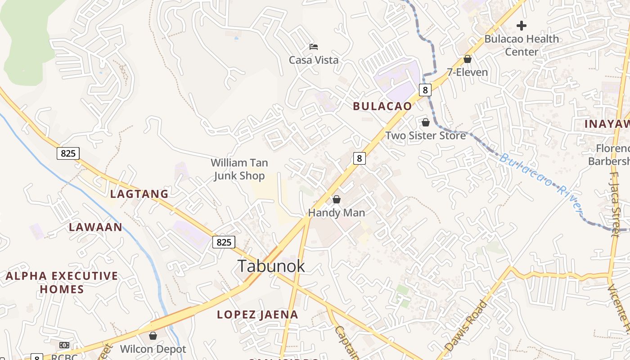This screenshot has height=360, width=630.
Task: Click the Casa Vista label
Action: click(x=314, y=60)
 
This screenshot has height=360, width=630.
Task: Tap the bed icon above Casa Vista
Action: click(x=314, y=46)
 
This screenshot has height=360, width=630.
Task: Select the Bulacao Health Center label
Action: click(x=522, y=45)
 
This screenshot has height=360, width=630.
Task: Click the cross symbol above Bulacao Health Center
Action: click(x=522, y=25)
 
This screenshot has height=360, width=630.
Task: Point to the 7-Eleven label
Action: click(x=467, y=72)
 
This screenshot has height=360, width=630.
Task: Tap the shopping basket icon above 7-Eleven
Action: click(x=468, y=59)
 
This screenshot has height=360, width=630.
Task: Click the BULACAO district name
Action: click(x=382, y=106)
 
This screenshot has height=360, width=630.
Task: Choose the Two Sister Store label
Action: click(x=425, y=135)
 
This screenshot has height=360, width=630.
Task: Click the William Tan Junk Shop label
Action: click(x=239, y=169)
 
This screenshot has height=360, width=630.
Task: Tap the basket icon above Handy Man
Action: click(x=337, y=199)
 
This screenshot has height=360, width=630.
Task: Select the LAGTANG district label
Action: click(x=139, y=194)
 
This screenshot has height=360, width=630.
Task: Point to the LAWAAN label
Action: click(x=95, y=227)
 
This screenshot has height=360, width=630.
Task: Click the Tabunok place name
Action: click(x=271, y=266)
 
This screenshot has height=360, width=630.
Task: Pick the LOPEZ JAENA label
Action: click(x=257, y=315)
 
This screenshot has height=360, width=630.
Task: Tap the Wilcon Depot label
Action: click(x=153, y=349)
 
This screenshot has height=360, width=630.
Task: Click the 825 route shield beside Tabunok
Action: click(x=224, y=242)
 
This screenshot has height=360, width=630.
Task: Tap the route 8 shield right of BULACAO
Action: click(x=424, y=90)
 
